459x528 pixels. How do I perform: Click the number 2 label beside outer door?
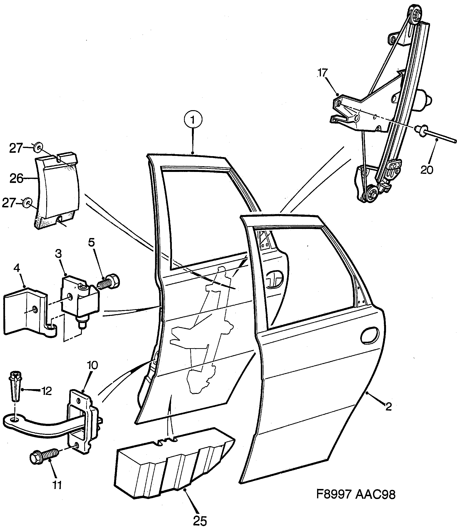[389, 407]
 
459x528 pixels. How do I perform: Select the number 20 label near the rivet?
[426, 170]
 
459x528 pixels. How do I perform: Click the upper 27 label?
[16, 148]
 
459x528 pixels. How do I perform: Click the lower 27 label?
[9, 203]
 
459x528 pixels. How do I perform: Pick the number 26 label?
[16, 178]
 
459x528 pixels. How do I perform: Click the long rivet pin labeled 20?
[436, 136]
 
